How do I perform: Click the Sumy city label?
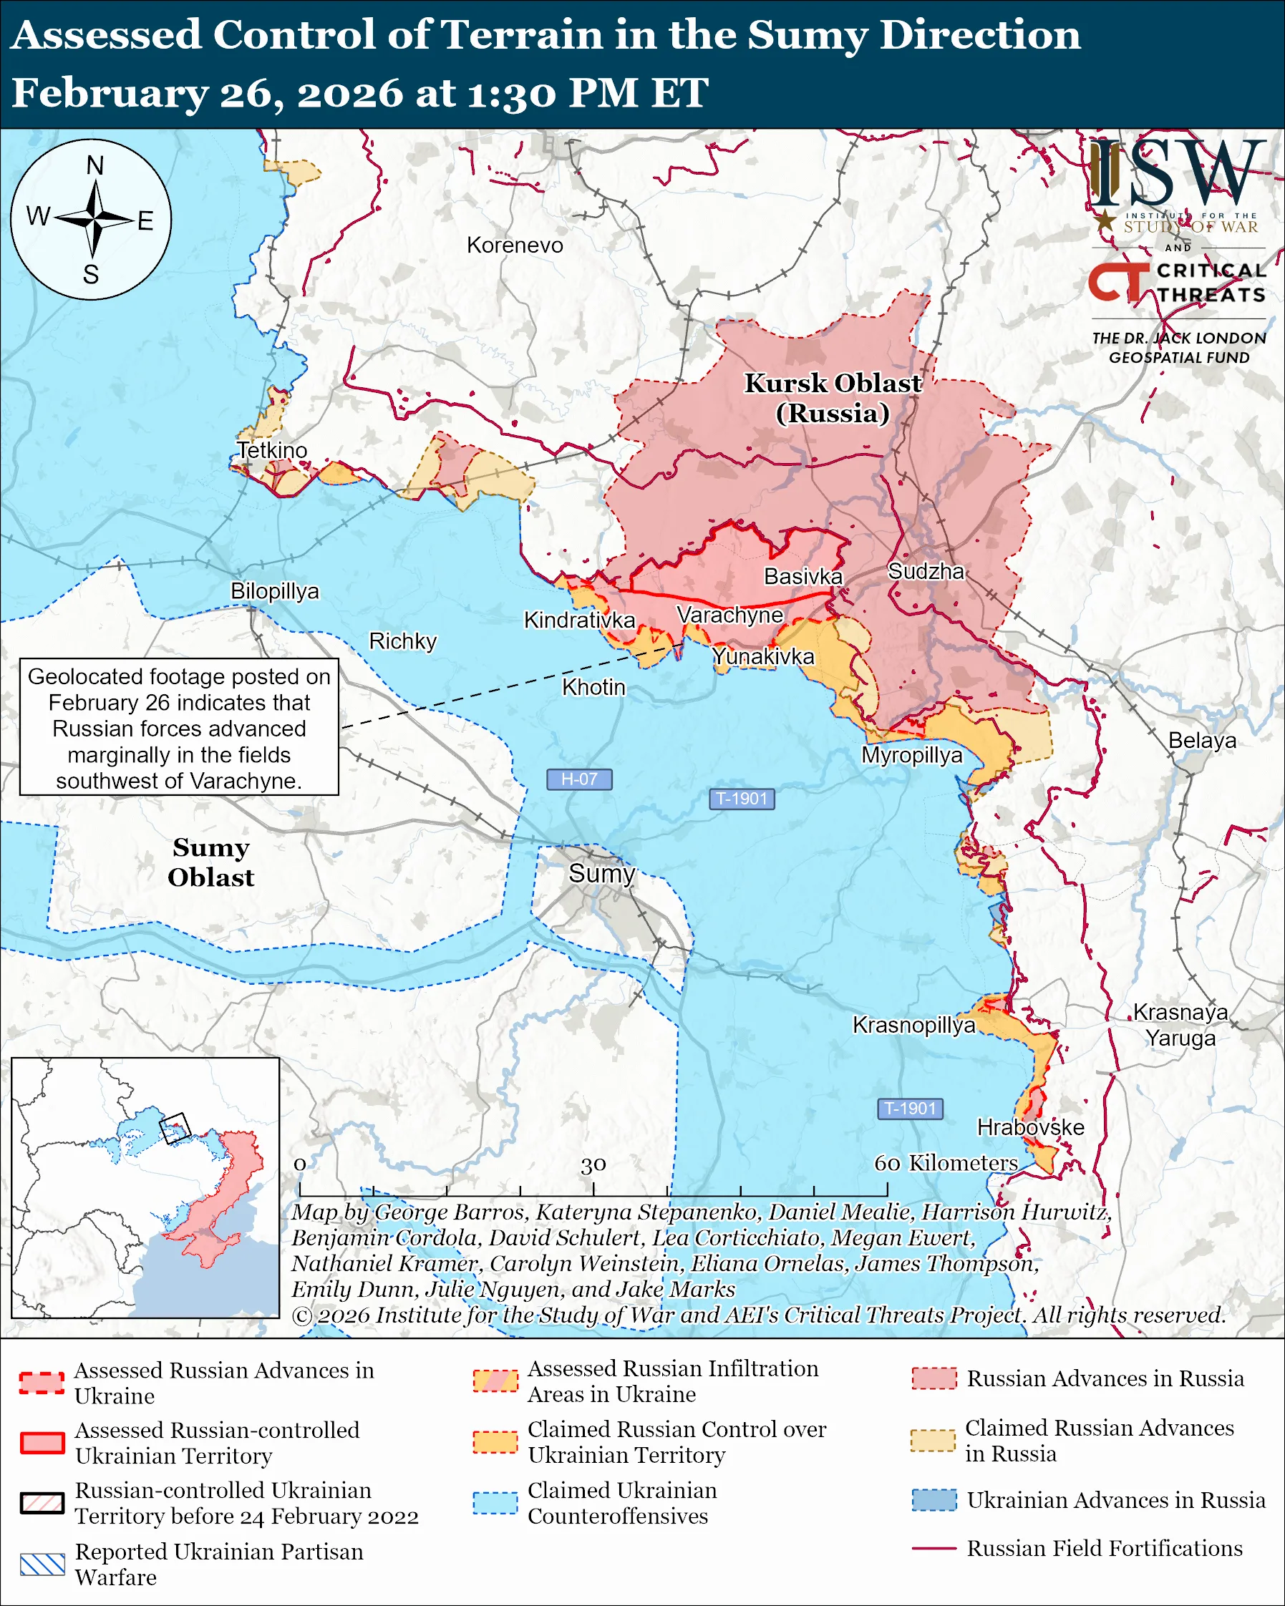601,873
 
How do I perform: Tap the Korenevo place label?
515,245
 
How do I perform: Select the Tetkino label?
272,450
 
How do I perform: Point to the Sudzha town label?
926,571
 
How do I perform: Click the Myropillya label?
912,755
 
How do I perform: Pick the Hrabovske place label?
1030,1127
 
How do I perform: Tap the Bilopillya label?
274,590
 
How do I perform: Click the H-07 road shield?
579,779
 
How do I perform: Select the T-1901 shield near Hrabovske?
910,1109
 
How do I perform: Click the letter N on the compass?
94,165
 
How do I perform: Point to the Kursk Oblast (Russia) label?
833,398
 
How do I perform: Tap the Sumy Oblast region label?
210,862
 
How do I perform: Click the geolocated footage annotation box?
179,727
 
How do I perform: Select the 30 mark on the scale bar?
593,1164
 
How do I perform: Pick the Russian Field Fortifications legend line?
934,1548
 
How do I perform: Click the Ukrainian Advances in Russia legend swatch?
934,1499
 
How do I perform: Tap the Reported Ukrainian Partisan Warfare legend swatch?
42,1564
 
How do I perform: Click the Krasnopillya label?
913,1025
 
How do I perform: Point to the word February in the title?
110,93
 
